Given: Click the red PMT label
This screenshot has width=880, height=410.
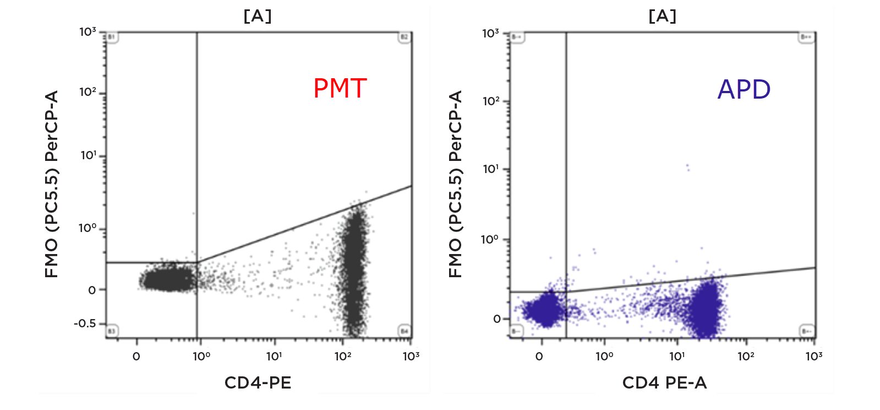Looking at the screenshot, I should click(340, 88).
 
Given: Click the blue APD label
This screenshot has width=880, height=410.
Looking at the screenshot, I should click(744, 89).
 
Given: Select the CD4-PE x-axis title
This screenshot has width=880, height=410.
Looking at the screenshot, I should click(258, 382).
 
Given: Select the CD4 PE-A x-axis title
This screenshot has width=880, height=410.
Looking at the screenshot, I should click(664, 382).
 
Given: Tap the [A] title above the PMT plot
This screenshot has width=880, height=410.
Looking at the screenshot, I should click(258, 16).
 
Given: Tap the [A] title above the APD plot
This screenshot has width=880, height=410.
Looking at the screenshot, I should click(662, 16).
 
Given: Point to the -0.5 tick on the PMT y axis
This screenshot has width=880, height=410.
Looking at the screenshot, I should click(85, 323).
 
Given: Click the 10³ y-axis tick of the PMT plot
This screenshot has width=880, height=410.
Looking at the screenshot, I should click(88, 32).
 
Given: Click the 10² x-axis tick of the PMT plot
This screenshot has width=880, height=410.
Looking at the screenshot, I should click(342, 356).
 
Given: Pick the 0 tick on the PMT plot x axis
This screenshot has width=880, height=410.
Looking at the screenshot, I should click(136, 356).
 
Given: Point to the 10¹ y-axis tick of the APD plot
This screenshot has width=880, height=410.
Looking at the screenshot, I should click(491, 169).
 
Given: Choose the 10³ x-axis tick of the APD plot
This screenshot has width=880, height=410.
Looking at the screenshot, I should click(814, 356).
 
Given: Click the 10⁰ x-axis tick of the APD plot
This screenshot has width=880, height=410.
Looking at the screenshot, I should click(604, 356).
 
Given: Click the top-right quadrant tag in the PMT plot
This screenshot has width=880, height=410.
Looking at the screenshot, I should click(405, 37).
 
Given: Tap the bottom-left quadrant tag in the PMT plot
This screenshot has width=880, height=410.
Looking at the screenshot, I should click(112, 331).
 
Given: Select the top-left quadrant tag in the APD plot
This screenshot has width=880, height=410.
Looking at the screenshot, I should click(516, 37).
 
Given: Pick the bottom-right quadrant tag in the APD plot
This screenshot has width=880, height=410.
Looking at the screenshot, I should click(807, 331).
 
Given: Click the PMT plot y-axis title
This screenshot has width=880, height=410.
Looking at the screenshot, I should click(52, 184).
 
